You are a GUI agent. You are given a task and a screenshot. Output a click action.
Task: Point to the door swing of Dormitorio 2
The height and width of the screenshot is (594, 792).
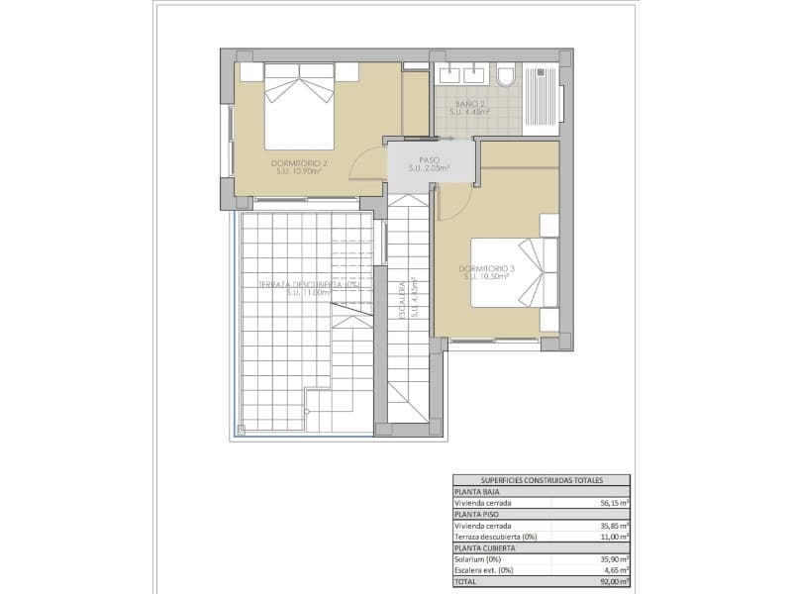[369, 162]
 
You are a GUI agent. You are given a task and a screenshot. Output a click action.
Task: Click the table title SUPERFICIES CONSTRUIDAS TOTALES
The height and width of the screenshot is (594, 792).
[542, 480]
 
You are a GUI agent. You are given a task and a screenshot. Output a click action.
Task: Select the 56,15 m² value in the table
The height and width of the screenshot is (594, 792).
[614, 502]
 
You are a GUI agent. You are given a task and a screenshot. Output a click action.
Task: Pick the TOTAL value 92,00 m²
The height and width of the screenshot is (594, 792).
[614, 582]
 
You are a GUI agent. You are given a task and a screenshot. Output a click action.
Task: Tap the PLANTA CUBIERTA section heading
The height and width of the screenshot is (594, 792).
[481, 547]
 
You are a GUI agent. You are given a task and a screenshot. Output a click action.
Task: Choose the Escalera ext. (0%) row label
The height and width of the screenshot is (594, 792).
[485, 571]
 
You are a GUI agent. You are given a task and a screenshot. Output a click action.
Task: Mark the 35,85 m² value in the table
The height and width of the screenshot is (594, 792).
[614, 526]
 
